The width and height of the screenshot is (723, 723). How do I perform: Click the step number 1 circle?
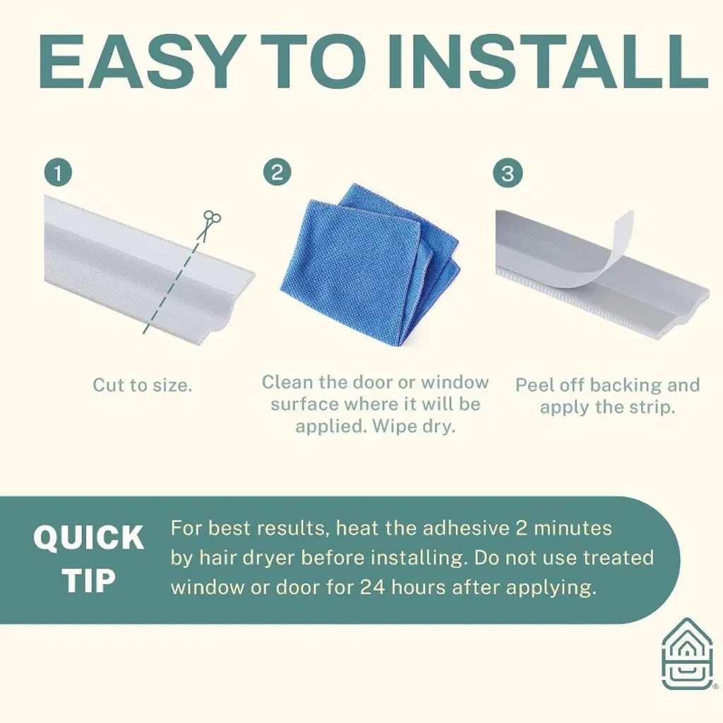(58, 173)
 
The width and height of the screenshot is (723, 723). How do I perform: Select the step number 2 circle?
(277, 172)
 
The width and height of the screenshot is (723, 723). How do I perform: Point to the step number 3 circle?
(508, 174)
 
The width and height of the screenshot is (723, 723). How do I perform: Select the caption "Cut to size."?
(142, 385)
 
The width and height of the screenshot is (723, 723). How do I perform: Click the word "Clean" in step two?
(287, 382)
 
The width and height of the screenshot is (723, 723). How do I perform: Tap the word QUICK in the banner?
(89, 537)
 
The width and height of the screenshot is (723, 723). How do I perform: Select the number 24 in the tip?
(373, 587)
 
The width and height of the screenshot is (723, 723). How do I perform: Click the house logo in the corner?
(687, 655)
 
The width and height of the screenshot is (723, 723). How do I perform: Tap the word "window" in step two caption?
(455, 382)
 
